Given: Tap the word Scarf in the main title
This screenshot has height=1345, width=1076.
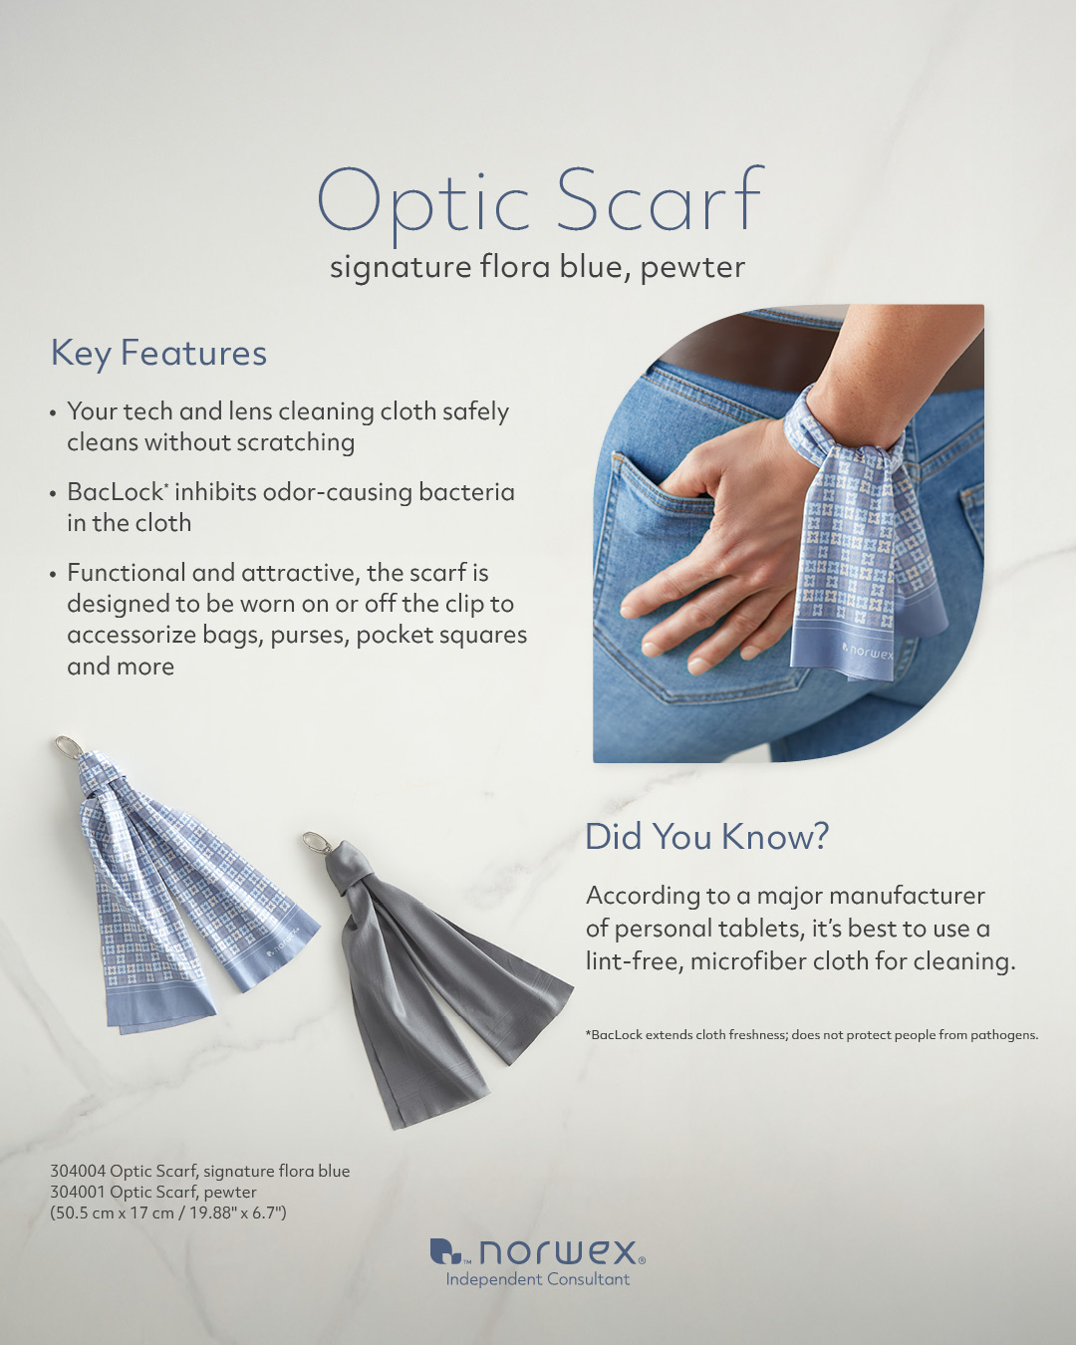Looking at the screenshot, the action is [x=660, y=198].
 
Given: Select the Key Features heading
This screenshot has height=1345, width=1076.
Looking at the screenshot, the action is [x=158, y=354].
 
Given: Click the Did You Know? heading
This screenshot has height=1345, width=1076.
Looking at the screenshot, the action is [x=706, y=836].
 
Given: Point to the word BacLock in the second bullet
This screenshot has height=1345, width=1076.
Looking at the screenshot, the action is [x=115, y=492].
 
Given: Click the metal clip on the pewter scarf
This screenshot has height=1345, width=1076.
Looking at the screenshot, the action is [x=317, y=843].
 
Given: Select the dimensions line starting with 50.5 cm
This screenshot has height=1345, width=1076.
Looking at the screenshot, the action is [x=168, y=1213].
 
